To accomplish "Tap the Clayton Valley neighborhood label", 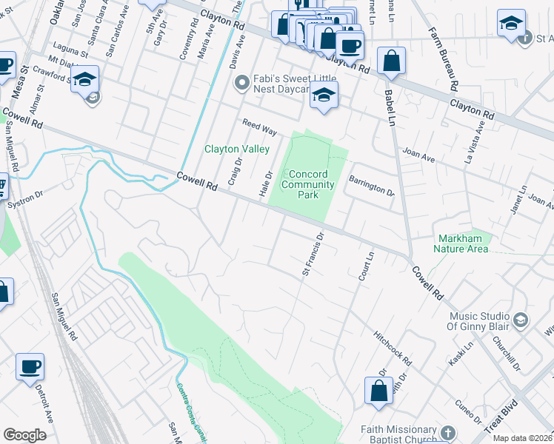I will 237,149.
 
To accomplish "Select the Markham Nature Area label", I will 463,243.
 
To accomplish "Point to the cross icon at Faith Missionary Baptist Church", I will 447,431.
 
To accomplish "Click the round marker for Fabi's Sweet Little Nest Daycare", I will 240,83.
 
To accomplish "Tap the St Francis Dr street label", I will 313,255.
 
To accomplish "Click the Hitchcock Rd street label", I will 393,347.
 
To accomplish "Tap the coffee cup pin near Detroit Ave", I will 30,366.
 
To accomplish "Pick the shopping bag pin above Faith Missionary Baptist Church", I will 378,391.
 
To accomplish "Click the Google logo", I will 24,435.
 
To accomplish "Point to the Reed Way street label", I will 258,127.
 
